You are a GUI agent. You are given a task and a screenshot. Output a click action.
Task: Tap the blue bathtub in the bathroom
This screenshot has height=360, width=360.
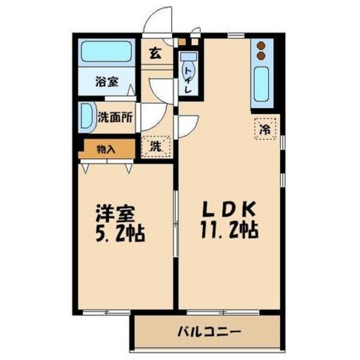[106, 52]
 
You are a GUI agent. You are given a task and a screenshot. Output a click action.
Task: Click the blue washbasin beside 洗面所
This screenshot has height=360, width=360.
[86, 116]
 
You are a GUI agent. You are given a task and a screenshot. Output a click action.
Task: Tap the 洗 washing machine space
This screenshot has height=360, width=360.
[156, 147]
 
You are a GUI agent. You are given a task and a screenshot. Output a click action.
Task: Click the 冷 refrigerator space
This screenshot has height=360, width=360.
[265, 128]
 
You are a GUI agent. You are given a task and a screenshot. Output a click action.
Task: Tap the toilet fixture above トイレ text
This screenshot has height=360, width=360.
[188, 58]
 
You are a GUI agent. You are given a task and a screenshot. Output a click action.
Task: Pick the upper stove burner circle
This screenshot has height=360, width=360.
[262, 45]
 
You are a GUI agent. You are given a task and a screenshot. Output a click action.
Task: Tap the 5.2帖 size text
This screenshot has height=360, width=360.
[117, 232]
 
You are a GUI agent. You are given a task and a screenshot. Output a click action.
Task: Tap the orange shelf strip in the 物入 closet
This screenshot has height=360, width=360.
[84, 150]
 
